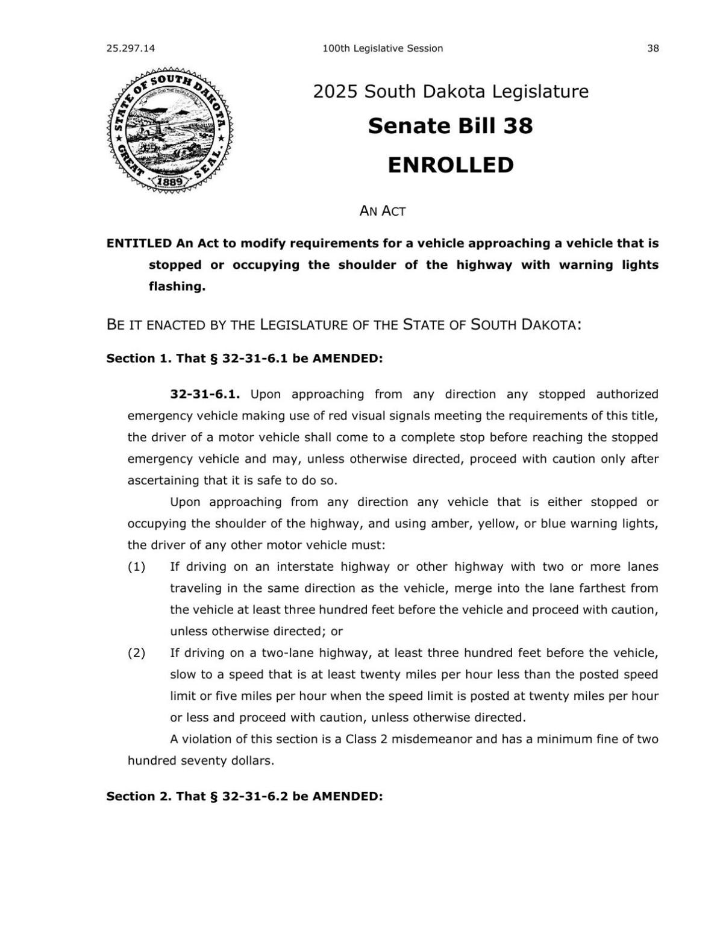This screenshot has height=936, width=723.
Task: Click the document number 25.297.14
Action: pos(130,48)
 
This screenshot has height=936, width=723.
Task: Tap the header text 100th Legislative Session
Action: pos(383,48)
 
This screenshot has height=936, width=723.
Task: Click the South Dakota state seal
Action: pos(169,130)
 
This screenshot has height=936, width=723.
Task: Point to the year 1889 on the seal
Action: pos(170,181)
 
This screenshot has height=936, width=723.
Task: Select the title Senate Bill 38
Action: pos(450,126)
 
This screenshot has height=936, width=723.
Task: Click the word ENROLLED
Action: pos(450,165)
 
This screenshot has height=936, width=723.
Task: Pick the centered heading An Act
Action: pos(383,211)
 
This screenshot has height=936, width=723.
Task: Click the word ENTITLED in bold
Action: pos(139,243)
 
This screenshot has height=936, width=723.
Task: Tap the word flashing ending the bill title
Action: pos(177,286)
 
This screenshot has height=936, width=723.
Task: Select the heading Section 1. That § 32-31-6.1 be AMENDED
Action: pos(245,359)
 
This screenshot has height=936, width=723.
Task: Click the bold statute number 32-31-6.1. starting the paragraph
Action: pos(205,394)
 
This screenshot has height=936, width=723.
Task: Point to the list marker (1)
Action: pos(136,567)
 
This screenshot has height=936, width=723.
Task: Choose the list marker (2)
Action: pos(136,653)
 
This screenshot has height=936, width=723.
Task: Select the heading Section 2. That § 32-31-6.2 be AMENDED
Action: pos(245,796)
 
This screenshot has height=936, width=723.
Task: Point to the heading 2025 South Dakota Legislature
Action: pos(450,92)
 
